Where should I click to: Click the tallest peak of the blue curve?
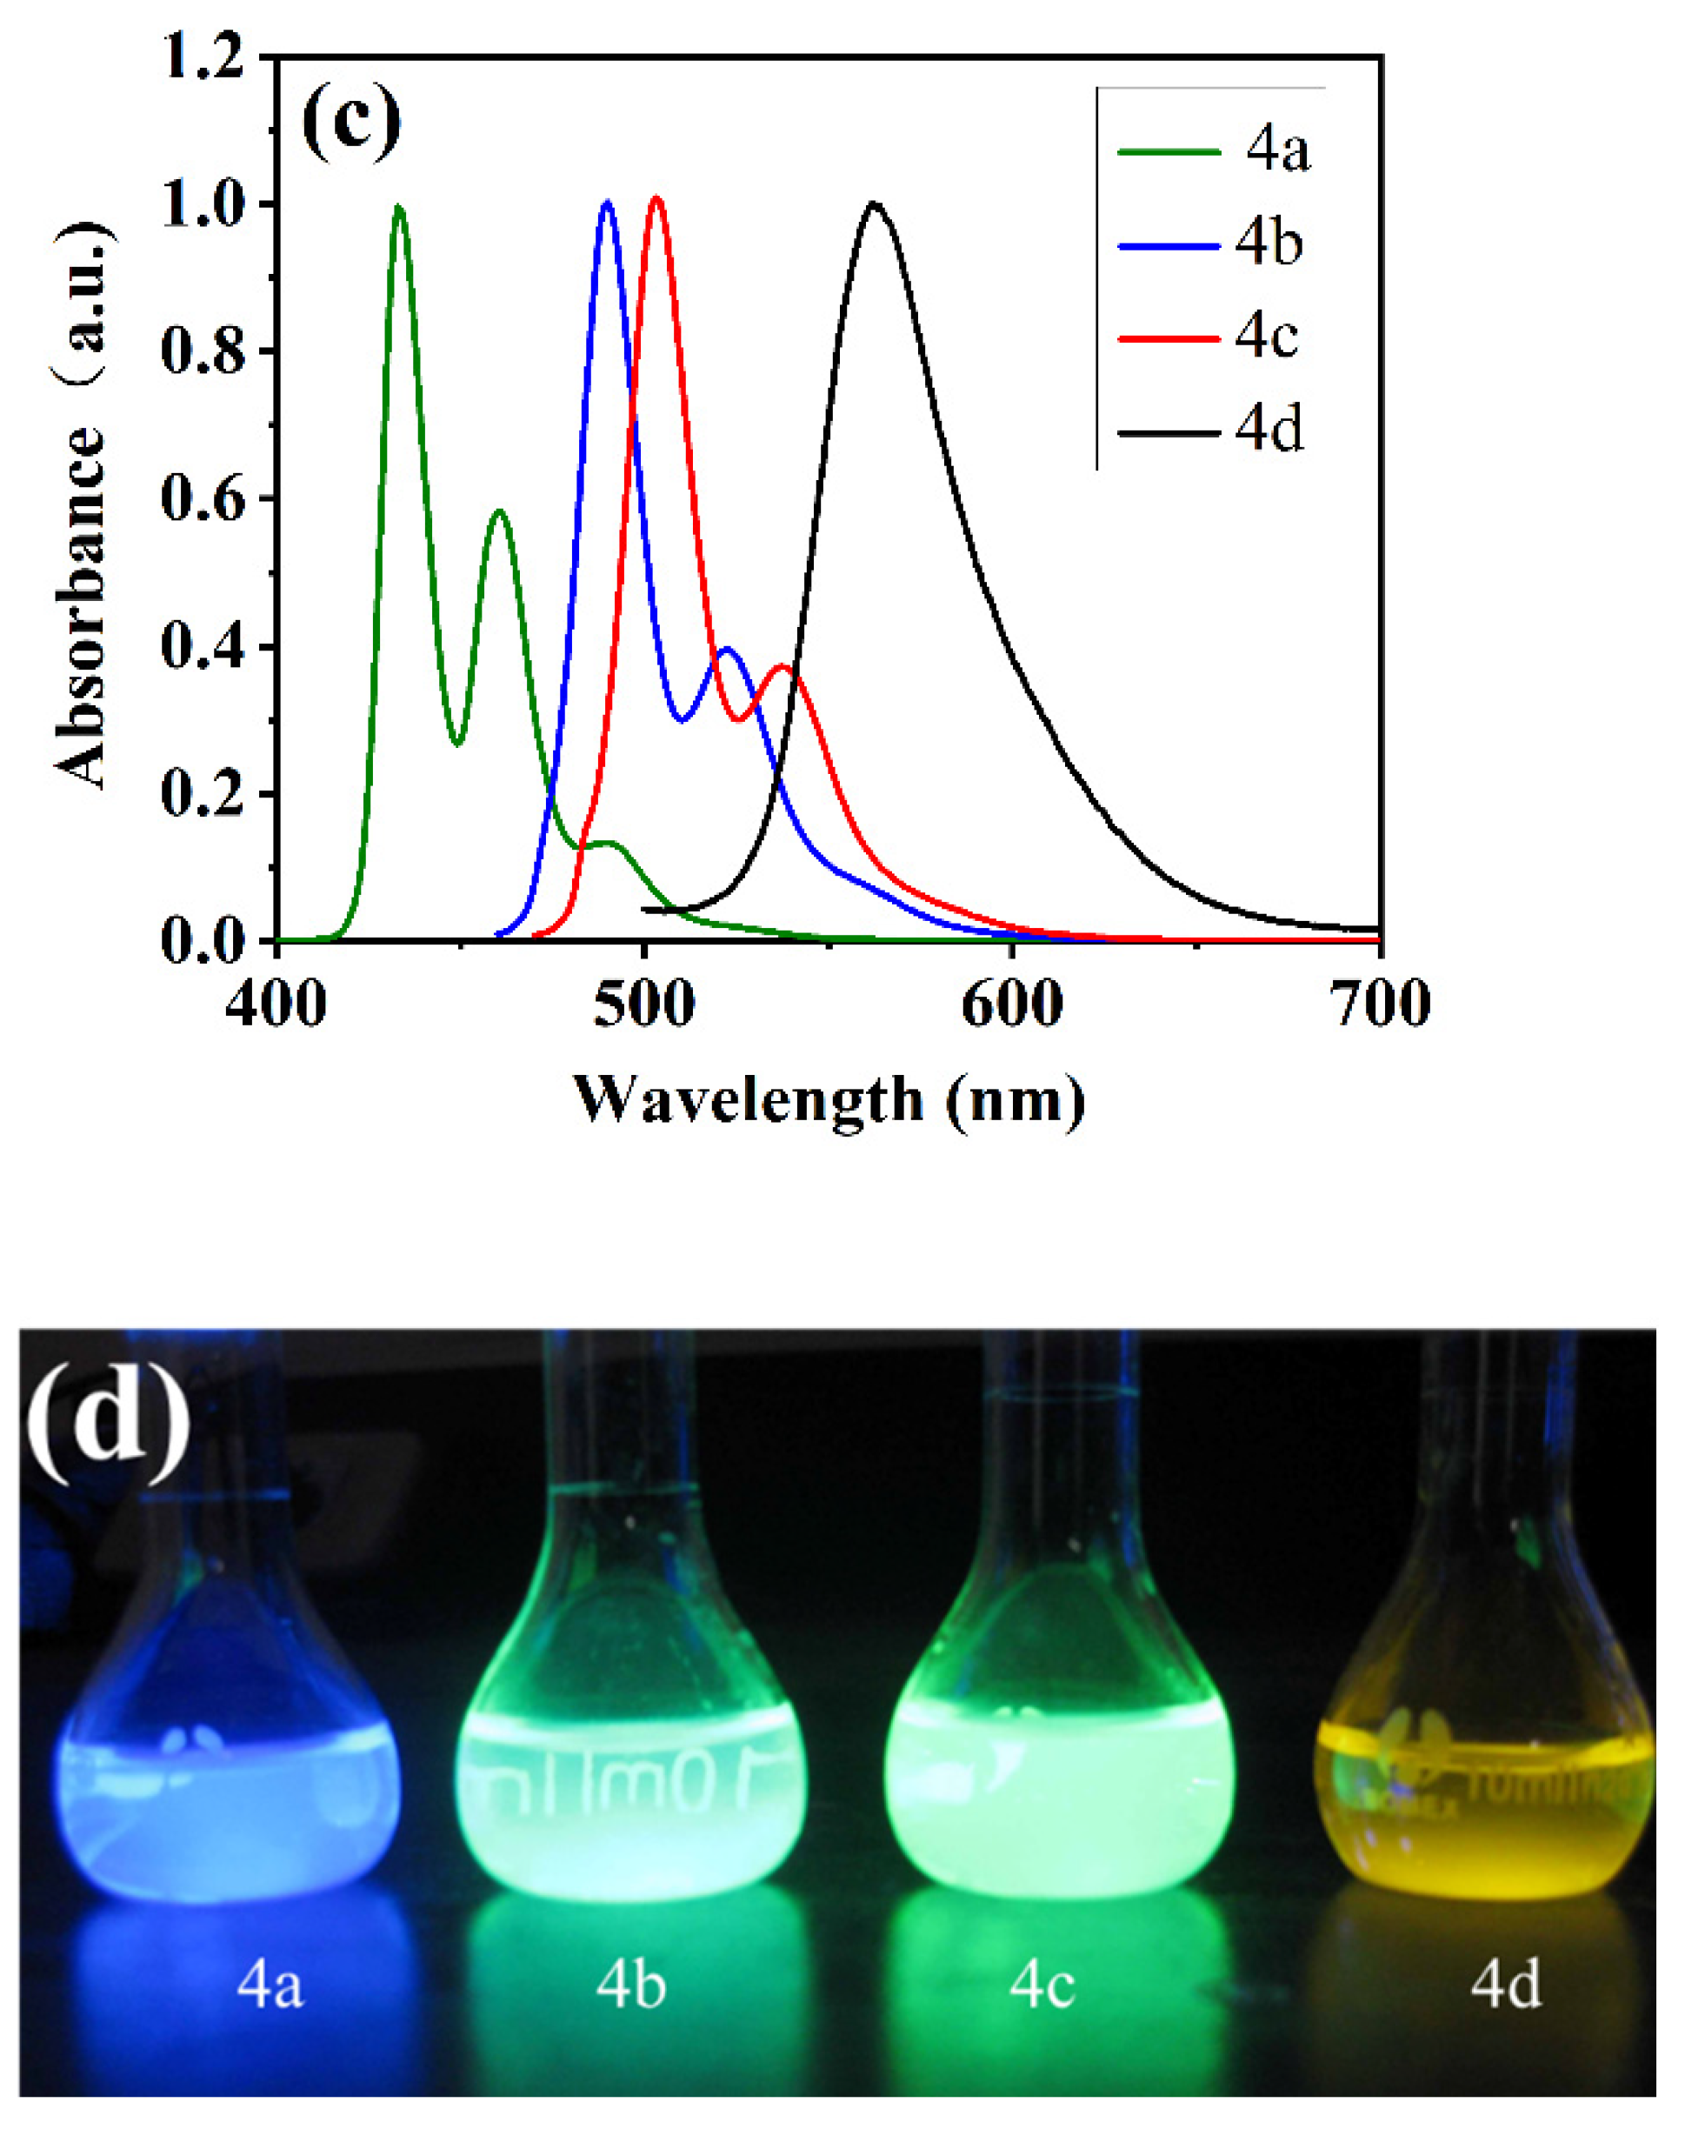pyautogui.click(x=608, y=204)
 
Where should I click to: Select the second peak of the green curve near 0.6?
pyautogui.click(x=500, y=512)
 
